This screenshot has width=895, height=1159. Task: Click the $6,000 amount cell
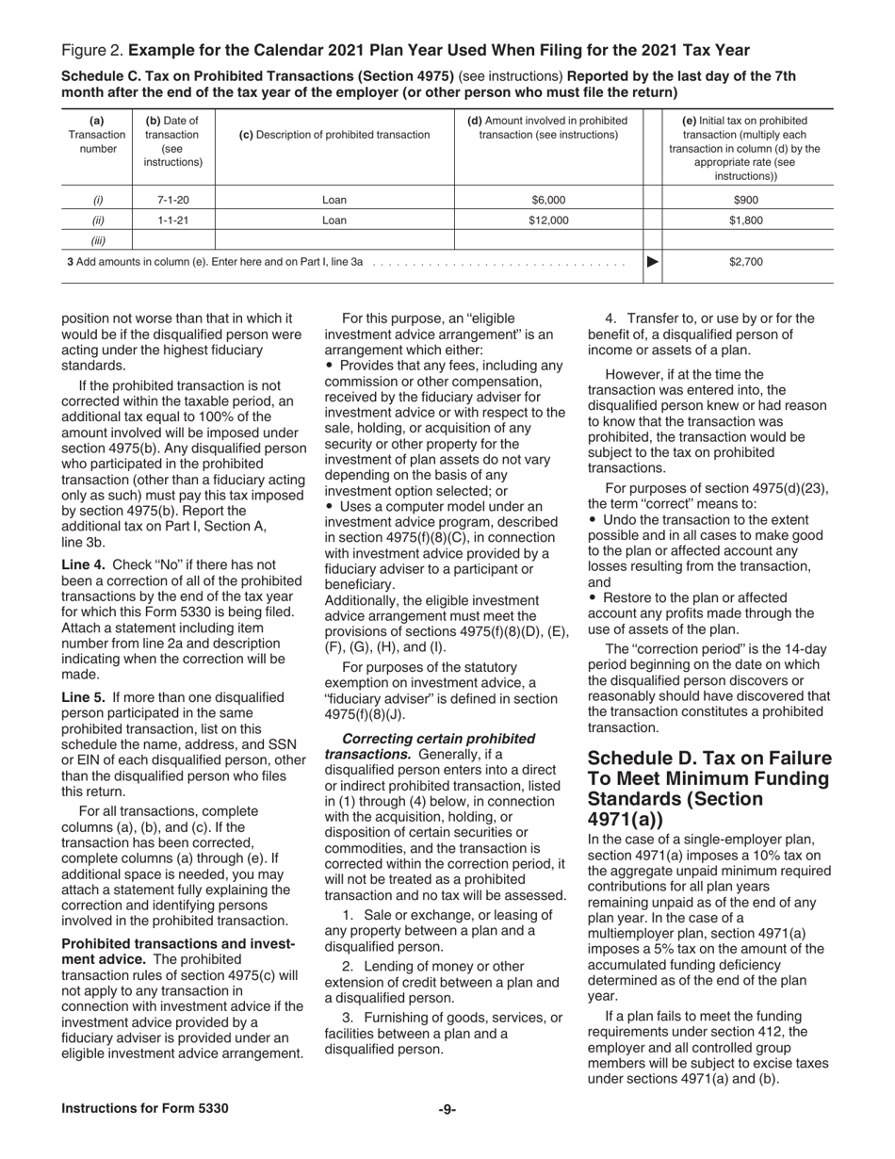point(548,200)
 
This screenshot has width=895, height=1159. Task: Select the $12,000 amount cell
point(548,220)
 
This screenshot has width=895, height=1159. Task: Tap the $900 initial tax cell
point(745,200)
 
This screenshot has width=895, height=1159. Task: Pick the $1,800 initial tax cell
point(745,220)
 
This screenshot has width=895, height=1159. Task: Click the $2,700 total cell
point(745,263)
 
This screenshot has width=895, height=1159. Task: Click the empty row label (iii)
point(97,240)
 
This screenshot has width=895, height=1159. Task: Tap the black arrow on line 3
point(651,263)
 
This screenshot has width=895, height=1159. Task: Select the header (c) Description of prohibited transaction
point(334,135)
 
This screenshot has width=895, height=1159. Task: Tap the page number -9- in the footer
point(447,1109)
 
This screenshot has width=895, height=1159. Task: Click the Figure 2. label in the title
point(91,49)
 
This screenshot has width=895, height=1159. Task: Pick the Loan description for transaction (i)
point(334,200)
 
